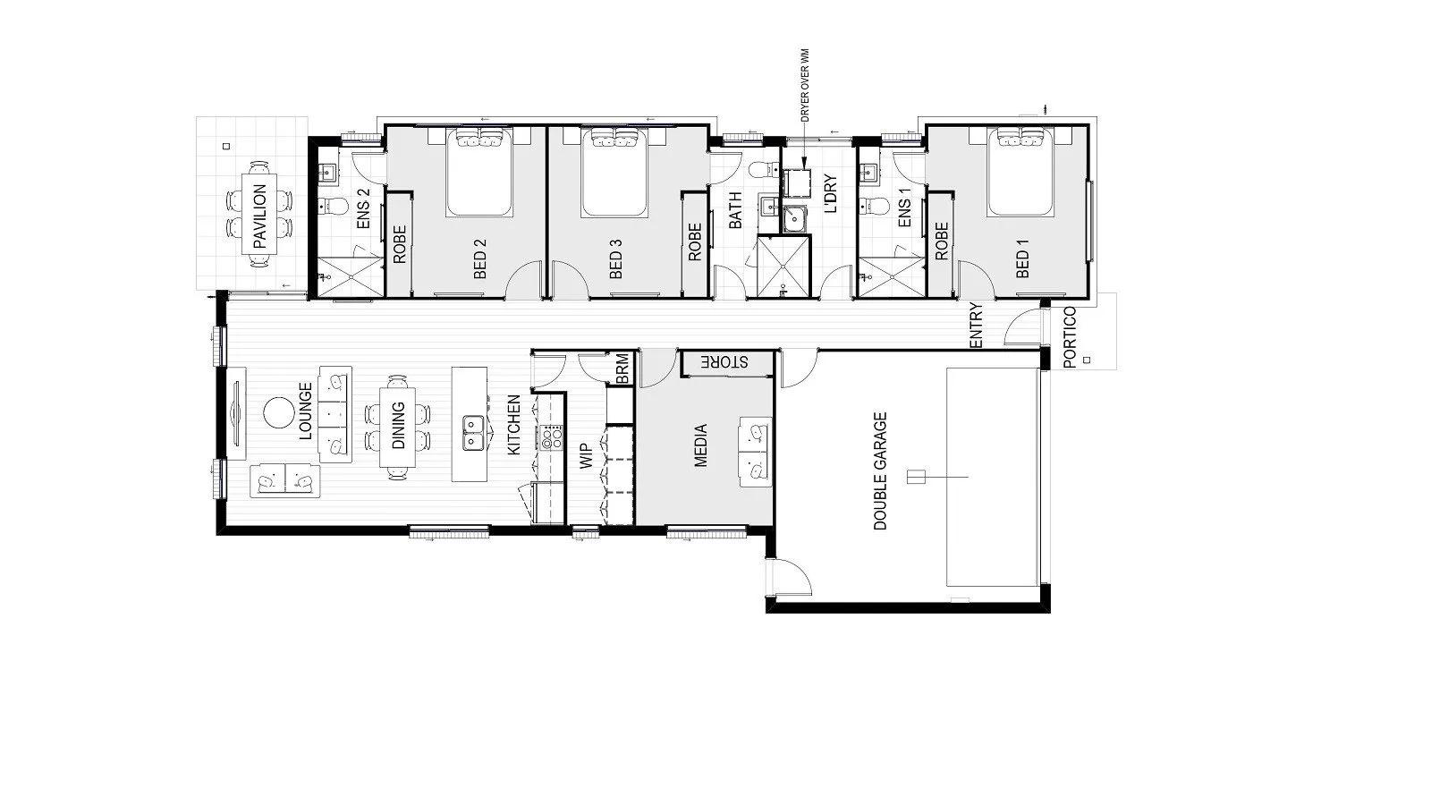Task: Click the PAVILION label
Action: pos(260,216)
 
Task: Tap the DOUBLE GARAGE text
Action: pos(880,470)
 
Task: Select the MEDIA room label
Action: pos(700,445)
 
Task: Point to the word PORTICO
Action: pos(1070,337)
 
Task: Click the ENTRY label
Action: pos(976,326)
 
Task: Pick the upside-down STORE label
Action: pos(724,362)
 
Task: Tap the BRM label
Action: pos(622,369)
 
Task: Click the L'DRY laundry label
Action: pos(831,193)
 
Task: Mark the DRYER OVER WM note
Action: pos(804,86)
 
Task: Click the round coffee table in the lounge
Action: pos(278,413)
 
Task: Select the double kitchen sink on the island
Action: pos(473,433)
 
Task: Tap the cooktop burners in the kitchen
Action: pos(551,437)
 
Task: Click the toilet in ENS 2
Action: pos(332,206)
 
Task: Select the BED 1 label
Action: pos(1022,263)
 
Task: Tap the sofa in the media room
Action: pos(756,453)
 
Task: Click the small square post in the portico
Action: pos(1087,360)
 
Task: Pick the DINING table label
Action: pos(397,426)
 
